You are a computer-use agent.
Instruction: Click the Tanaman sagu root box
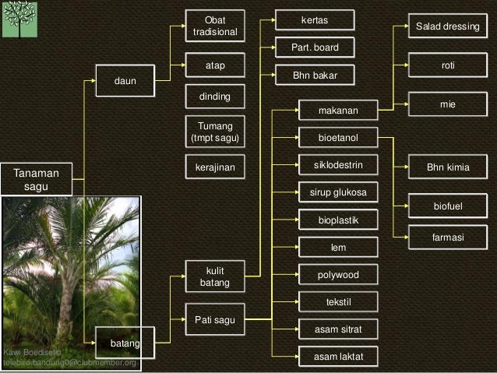coord(36,179)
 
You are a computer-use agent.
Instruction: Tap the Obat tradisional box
coord(215,26)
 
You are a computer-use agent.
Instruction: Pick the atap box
coord(215,66)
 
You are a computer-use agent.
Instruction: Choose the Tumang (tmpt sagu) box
coord(215,131)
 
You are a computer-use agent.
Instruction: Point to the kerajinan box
coord(215,167)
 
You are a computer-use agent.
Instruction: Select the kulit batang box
coord(215,276)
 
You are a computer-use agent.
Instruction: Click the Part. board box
coord(315,48)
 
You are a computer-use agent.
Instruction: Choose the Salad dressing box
coord(447,26)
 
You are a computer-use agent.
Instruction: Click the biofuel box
coord(447,206)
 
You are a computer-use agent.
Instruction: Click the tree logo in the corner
coord(19,20)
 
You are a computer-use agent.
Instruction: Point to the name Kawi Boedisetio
coord(33,354)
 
